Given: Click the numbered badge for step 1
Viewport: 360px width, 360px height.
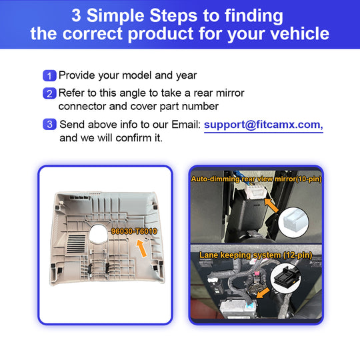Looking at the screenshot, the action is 49,75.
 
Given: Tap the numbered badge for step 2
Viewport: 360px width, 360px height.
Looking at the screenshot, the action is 49,93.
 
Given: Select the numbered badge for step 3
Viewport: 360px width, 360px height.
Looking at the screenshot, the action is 49,124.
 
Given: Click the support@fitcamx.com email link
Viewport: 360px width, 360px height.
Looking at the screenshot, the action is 263,125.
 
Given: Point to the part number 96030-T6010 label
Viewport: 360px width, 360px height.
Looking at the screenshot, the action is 134,231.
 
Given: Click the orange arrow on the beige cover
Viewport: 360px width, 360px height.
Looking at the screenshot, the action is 141,248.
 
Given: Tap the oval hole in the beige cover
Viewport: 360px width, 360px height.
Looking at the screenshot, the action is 98,234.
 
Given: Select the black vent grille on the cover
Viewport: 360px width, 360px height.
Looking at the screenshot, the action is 76,243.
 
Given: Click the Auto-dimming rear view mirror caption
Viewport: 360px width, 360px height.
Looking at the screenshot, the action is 256,179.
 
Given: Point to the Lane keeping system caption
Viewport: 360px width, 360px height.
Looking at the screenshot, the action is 255,255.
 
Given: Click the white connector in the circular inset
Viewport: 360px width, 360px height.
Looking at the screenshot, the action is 293,221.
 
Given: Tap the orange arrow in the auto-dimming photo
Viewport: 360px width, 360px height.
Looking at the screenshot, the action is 271,205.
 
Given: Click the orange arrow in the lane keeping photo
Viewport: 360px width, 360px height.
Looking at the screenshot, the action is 263,292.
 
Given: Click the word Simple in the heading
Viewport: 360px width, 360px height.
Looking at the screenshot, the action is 118,15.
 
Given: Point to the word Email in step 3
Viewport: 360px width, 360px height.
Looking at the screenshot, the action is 186,125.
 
